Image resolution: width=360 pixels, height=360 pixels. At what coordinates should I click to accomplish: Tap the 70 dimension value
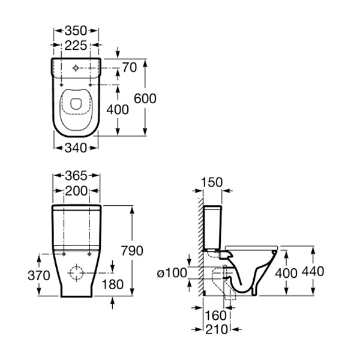point(129,67)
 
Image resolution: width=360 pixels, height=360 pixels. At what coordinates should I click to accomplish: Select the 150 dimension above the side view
point(211,182)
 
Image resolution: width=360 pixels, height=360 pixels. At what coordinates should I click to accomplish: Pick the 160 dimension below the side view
point(215,315)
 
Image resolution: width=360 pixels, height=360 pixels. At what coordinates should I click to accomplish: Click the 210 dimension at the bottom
point(214,329)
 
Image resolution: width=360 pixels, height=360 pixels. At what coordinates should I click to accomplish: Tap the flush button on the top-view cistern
point(76,68)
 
